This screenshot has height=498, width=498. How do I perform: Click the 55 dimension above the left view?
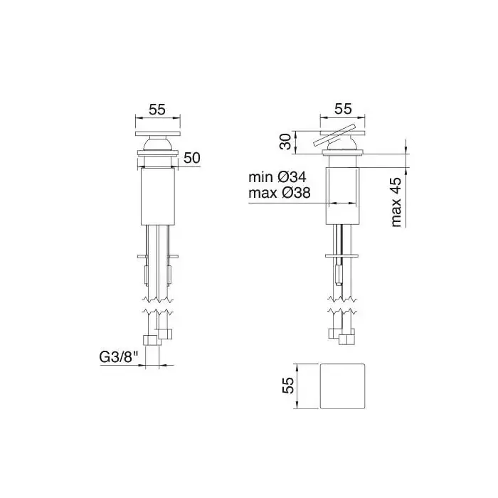pyautogui.click(x=157, y=110)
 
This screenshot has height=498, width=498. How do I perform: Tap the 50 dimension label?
pyautogui.click(x=191, y=157)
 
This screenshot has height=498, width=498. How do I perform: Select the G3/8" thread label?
pyautogui.click(x=119, y=358)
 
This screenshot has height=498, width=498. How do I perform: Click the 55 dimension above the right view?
pyautogui.click(x=344, y=109)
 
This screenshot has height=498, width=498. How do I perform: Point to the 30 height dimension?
pyautogui.click(x=285, y=142)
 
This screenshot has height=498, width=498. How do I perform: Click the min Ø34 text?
pyautogui.click(x=277, y=177)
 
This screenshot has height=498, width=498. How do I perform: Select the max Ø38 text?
pyautogui.click(x=279, y=193)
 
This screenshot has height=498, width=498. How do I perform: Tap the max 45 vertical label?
pyautogui.click(x=396, y=202)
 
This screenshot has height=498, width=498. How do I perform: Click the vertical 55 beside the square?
pyautogui.click(x=288, y=386)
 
